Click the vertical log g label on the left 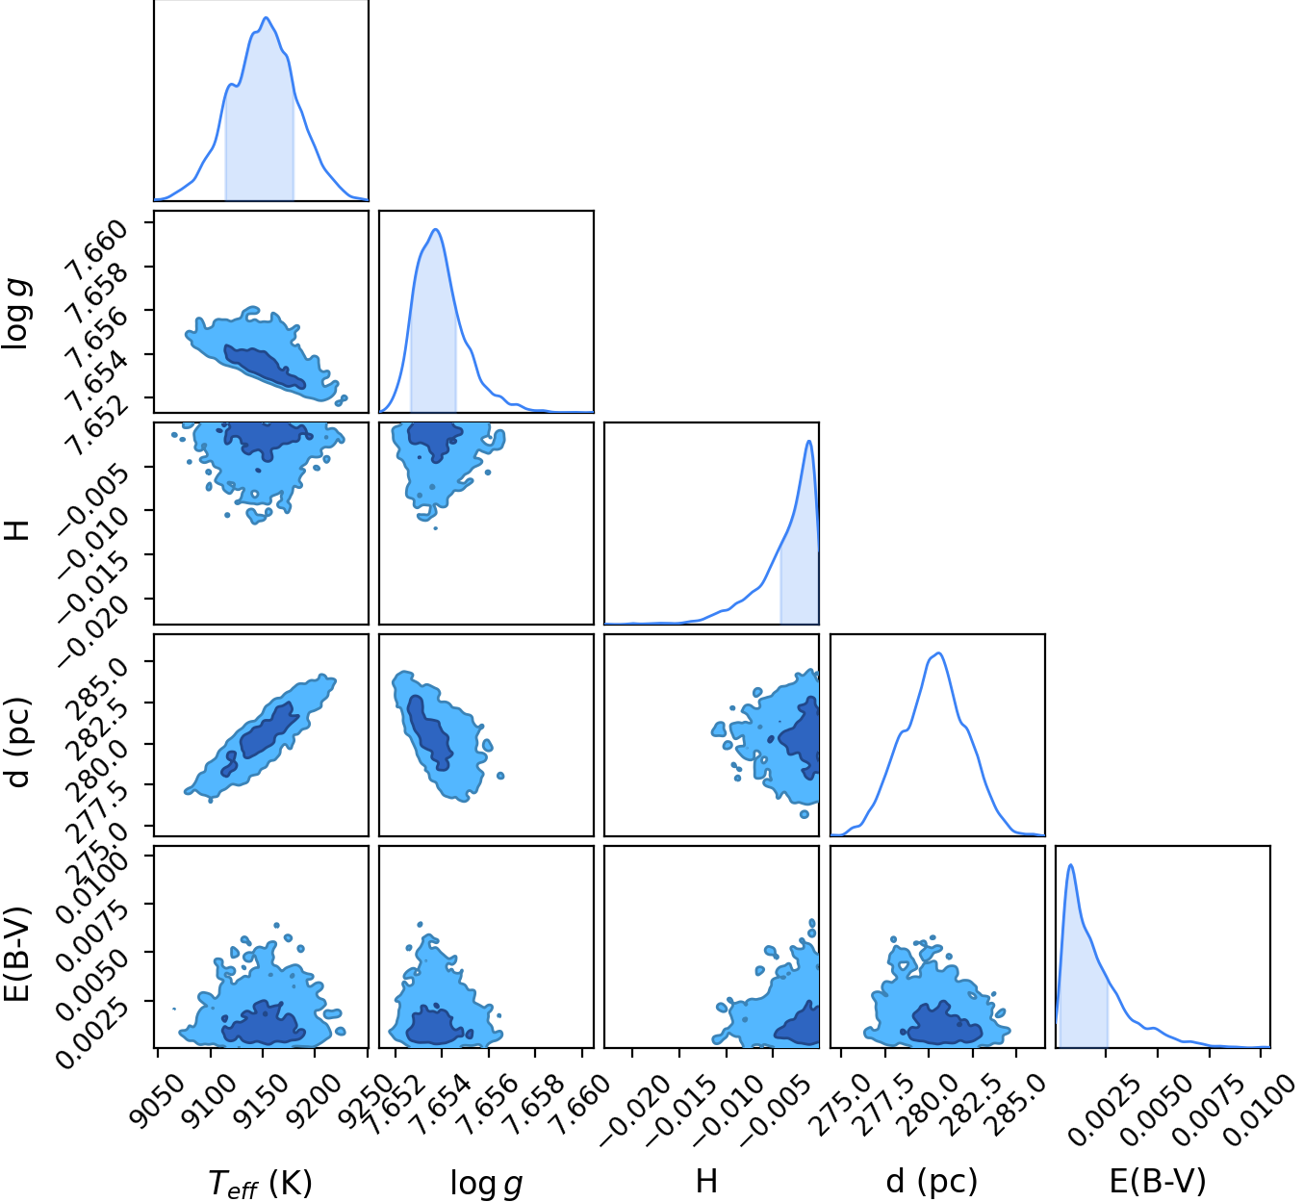pos(17,314)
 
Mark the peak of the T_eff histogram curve pos(266,17)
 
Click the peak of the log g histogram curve pos(436,230)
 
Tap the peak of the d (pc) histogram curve pos(939,652)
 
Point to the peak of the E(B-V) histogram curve pos(1071,865)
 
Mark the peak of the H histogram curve pos(809,441)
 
